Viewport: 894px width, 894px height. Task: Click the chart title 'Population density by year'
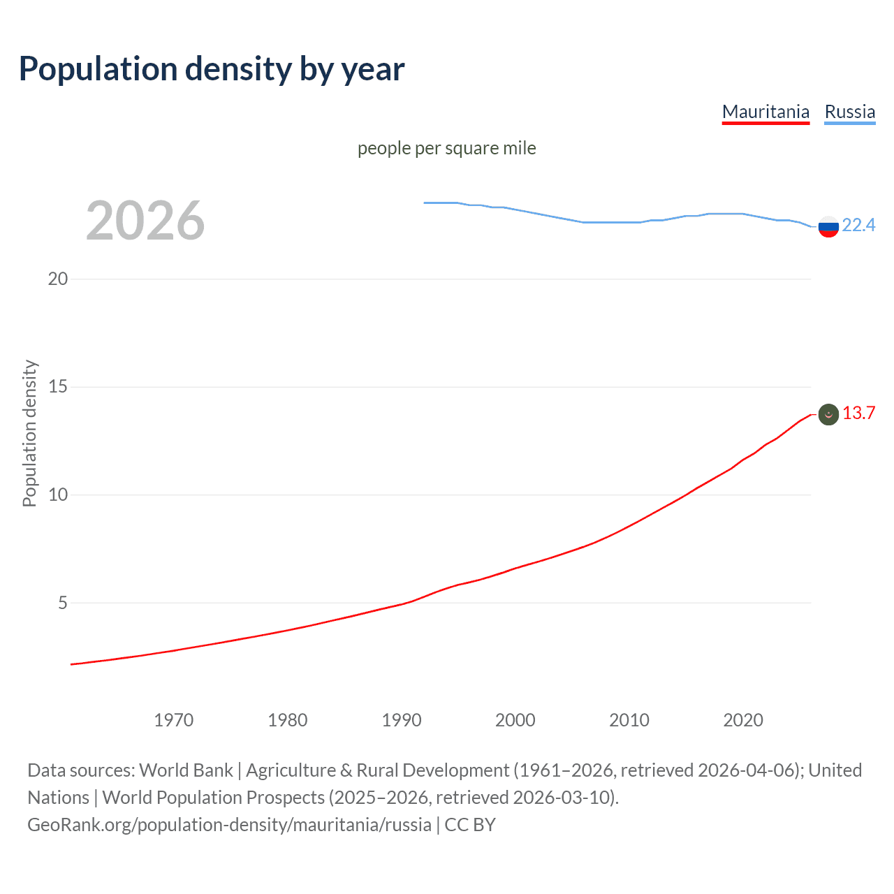[212, 69]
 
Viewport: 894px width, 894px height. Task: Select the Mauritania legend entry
[765, 112]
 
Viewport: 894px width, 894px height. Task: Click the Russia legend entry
[849, 112]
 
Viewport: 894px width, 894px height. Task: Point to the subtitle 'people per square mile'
[446, 149]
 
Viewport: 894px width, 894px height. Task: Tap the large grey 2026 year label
[145, 221]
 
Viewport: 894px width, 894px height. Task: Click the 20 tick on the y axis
[58, 279]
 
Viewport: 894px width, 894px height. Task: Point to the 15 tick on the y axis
[58, 386]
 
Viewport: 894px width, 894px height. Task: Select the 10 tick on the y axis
[58, 494]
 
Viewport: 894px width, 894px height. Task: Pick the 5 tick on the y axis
[63, 603]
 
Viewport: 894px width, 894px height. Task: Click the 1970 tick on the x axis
[174, 720]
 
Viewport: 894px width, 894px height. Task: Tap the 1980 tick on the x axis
[288, 720]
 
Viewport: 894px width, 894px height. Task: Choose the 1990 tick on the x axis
[402, 720]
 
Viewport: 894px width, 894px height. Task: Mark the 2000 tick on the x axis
[515, 720]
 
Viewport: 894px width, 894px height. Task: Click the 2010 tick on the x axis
[629, 720]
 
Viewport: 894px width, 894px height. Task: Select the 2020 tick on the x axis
[743, 720]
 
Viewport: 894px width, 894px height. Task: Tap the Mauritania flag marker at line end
[828, 414]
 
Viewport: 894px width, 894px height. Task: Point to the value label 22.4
[858, 225]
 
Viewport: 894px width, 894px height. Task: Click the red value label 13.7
[858, 413]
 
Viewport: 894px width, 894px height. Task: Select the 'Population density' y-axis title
[29, 433]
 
